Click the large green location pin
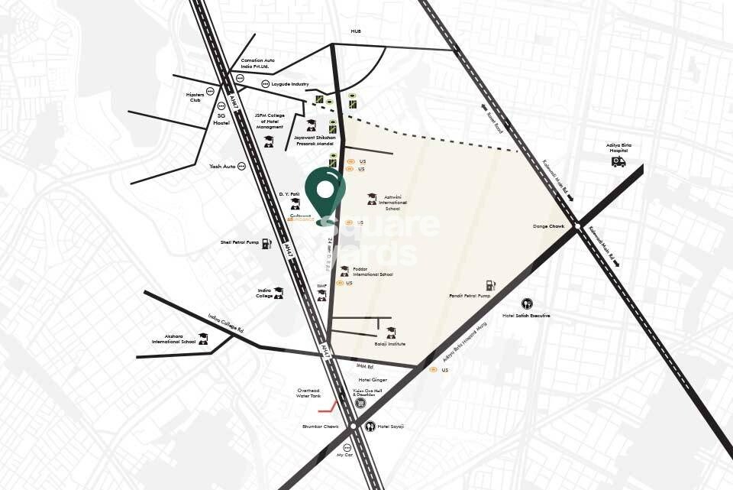tap(325, 192)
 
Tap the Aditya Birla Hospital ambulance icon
tap(618, 162)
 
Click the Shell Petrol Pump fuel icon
tap(266, 243)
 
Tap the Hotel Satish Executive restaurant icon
tap(526, 303)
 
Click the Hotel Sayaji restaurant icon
tap(370, 426)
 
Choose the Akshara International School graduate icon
tap(203, 338)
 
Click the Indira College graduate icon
tap(278, 292)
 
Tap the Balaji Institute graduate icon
tap(391, 332)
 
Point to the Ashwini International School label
tap(392, 203)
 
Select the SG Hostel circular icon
tap(221, 105)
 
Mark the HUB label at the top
tap(355, 31)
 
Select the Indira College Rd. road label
tap(225, 323)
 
